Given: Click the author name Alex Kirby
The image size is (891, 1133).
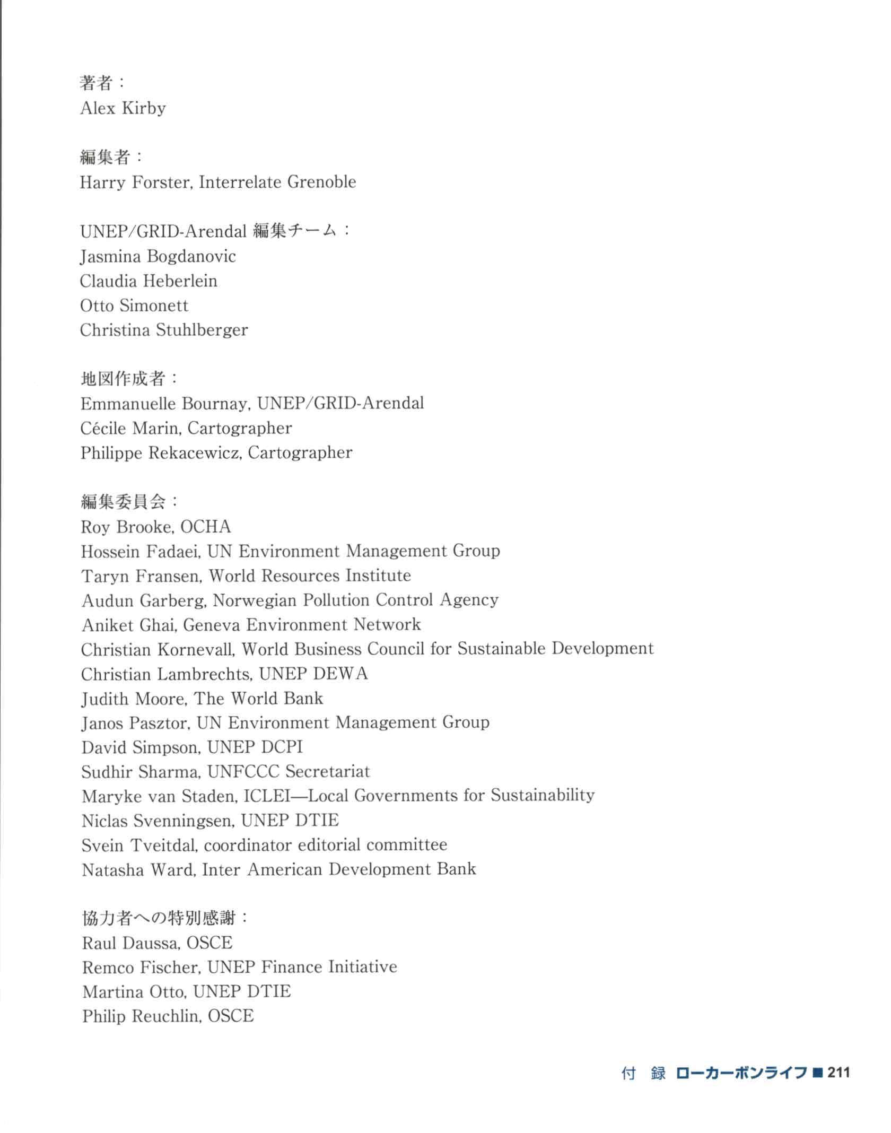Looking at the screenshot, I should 123,108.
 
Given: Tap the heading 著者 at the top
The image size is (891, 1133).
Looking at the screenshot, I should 96,83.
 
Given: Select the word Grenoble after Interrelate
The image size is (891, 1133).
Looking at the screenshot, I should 321,182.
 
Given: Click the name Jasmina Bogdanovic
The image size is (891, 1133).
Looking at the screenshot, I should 158,256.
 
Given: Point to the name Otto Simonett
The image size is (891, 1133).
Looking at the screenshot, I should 134,306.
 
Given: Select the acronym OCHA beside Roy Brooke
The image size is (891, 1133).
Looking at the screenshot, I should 206,527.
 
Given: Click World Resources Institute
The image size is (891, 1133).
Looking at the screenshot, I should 310,576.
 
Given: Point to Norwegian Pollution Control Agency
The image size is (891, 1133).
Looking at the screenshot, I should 355,600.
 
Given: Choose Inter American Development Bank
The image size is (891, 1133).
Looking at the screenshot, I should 339,869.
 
